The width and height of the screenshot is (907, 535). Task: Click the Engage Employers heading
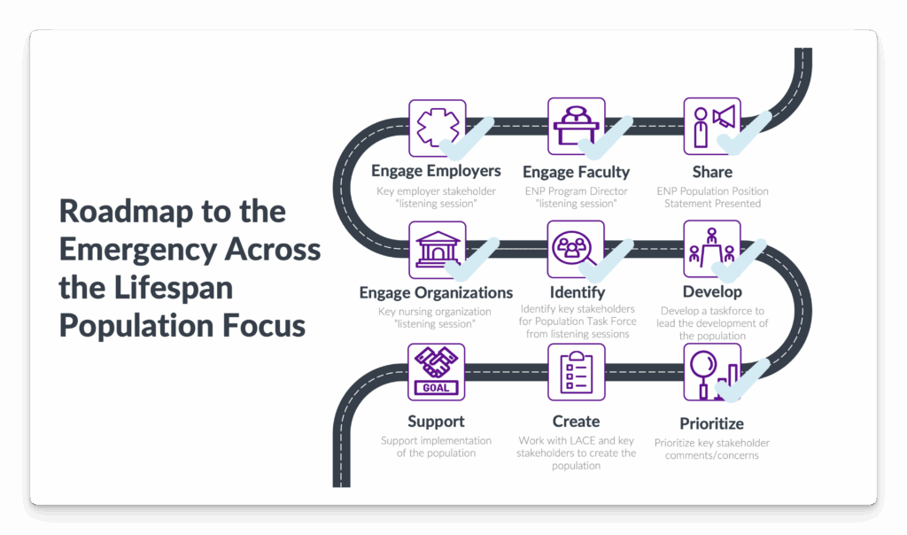pyautogui.click(x=436, y=171)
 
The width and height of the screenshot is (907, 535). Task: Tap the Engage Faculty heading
pyautogui.click(x=576, y=172)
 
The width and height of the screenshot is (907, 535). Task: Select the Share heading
pyautogui.click(x=712, y=171)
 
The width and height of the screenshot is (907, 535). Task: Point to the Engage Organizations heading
pyautogui.click(x=436, y=292)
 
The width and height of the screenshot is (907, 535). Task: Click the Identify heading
pyautogui.click(x=576, y=291)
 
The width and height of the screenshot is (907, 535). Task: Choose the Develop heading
pyautogui.click(x=712, y=291)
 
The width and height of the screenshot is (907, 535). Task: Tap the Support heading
pyautogui.click(x=436, y=421)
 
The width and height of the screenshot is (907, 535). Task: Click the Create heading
pyautogui.click(x=576, y=421)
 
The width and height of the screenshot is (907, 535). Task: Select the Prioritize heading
pyautogui.click(x=712, y=423)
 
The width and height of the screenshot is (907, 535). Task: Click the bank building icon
pyautogui.click(x=435, y=249)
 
